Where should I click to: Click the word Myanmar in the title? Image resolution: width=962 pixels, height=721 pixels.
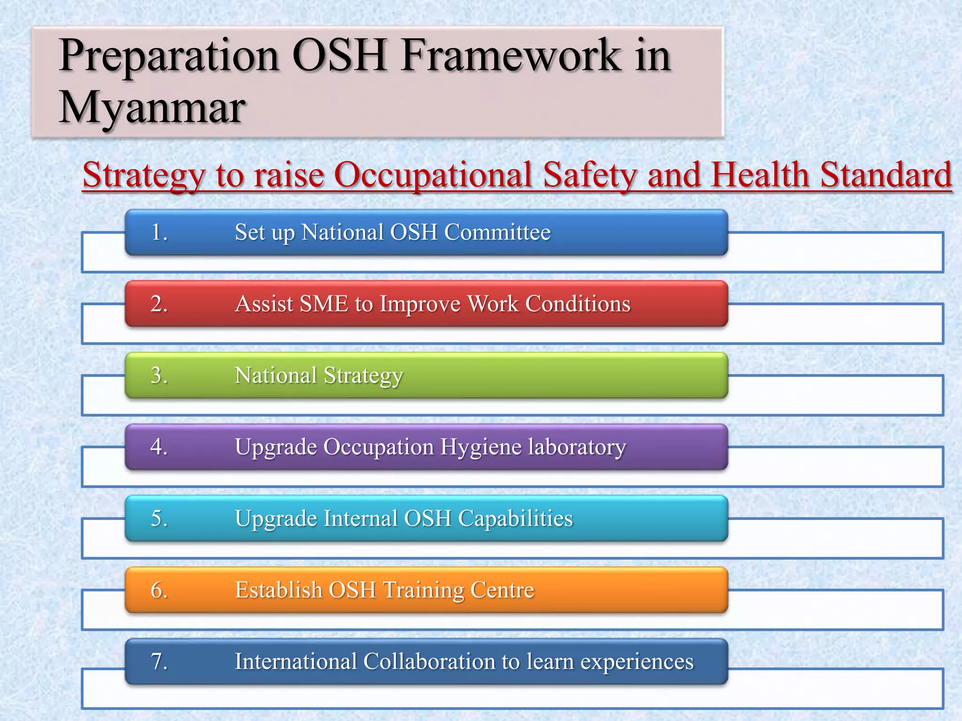[152, 108]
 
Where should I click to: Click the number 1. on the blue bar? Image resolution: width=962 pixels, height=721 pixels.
[159, 232]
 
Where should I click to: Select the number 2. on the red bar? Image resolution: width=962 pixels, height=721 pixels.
[159, 304]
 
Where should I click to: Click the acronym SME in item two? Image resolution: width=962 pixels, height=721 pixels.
[324, 304]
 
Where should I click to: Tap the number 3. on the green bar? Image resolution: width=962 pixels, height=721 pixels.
[159, 376]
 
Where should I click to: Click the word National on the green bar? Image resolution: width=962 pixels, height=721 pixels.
[276, 376]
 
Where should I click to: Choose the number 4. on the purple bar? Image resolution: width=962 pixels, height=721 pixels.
[159, 447]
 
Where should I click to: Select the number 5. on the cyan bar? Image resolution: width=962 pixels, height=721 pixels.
[159, 519]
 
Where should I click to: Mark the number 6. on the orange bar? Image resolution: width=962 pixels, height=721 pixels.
[159, 590]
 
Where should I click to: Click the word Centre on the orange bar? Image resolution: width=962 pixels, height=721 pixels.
[502, 590]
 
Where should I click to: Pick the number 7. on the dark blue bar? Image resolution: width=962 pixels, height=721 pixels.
[159, 662]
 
